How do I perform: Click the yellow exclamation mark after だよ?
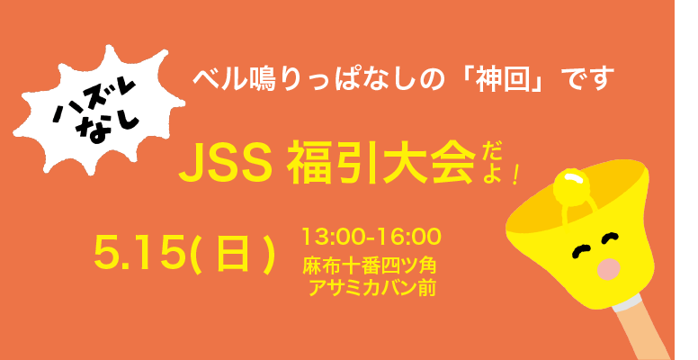click(x=515, y=175)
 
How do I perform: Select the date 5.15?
click(x=139, y=253)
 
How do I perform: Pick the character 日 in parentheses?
click(x=231, y=254)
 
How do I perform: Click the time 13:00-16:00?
click(x=371, y=236)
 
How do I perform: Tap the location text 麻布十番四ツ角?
click(x=370, y=266)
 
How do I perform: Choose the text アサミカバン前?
click(x=372, y=288)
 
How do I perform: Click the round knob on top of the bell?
click(x=571, y=187)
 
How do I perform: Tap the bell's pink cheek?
click(x=609, y=269)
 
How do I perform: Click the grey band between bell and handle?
click(x=627, y=302)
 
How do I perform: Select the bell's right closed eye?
click(x=610, y=238)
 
